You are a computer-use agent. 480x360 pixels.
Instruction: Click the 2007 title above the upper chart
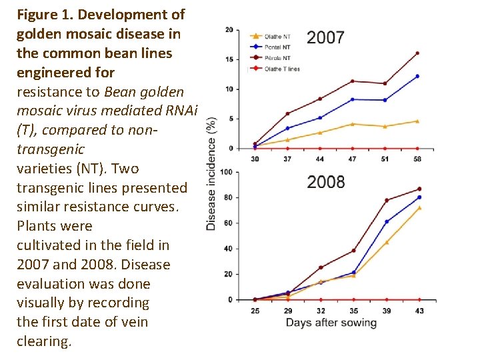coord(325,37)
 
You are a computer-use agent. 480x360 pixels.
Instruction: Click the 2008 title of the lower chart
coord(326,182)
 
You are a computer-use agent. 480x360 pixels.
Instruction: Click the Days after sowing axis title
coord(331,323)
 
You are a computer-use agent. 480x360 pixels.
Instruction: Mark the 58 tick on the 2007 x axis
coord(417,159)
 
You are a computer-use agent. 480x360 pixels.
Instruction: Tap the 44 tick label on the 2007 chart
coord(320,159)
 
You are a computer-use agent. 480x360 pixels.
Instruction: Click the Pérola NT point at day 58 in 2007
coord(417,53)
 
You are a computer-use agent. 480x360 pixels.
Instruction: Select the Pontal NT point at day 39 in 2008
coord(387,221)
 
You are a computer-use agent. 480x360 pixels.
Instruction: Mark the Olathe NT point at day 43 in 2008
coord(419,207)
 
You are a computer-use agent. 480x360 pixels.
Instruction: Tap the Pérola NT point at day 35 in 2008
coord(353,251)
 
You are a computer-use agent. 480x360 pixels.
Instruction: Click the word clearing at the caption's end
coord(43,341)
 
